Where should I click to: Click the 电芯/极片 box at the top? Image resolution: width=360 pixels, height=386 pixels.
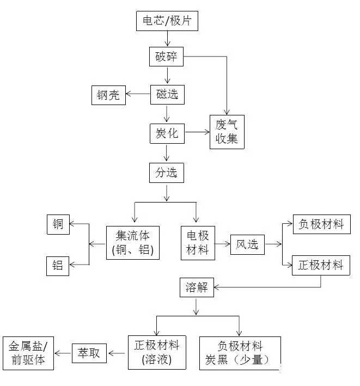click(x=167, y=21)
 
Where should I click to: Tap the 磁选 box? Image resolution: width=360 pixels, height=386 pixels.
click(x=167, y=94)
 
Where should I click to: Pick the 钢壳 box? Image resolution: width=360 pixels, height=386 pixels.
click(x=109, y=96)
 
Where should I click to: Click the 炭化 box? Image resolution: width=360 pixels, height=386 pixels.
click(x=167, y=133)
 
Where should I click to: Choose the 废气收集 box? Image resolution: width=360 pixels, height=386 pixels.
click(x=227, y=133)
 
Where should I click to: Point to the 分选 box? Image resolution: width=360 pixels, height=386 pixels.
click(x=167, y=173)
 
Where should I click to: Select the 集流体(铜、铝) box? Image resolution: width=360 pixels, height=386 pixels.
click(x=133, y=243)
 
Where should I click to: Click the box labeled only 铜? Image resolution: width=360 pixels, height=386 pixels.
click(x=58, y=224)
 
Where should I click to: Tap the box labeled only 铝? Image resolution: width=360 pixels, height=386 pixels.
click(x=58, y=266)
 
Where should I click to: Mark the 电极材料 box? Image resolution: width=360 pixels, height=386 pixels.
click(x=198, y=243)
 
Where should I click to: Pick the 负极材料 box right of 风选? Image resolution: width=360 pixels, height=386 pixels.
click(x=321, y=224)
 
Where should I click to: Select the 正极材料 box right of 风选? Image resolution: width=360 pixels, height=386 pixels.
click(x=321, y=265)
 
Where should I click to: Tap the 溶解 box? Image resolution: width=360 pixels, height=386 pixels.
click(x=197, y=287)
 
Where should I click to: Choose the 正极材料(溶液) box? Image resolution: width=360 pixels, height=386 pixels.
click(x=156, y=352)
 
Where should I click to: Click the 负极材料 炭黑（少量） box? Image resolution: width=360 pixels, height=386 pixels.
click(x=240, y=353)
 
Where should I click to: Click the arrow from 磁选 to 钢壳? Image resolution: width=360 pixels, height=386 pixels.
click(x=138, y=96)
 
